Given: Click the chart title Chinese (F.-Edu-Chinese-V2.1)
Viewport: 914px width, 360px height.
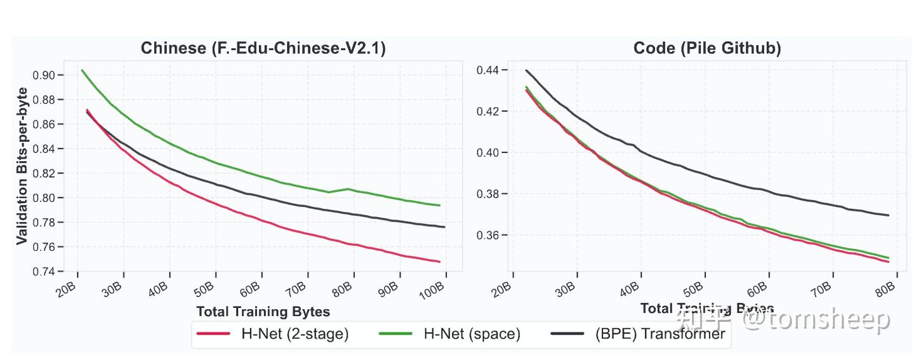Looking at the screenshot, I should (x=263, y=48).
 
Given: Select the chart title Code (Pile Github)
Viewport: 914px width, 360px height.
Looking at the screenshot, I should (x=706, y=48).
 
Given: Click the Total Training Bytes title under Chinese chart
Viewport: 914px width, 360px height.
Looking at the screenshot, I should (x=263, y=312).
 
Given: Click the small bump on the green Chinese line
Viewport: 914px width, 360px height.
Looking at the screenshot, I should (x=347, y=189).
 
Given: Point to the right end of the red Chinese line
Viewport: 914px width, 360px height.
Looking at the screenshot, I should (x=440, y=262).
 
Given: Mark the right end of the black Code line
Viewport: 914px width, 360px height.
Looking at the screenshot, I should (x=888, y=215).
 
